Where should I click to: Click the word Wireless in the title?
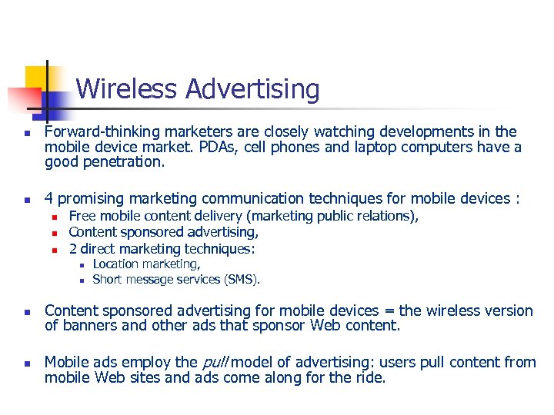click(128, 90)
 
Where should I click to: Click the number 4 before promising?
click(49, 199)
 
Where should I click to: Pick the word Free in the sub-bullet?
click(82, 216)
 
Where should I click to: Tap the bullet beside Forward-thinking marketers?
click(26, 133)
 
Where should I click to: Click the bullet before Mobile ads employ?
click(26, 363)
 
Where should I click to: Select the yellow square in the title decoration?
click(36, 76)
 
